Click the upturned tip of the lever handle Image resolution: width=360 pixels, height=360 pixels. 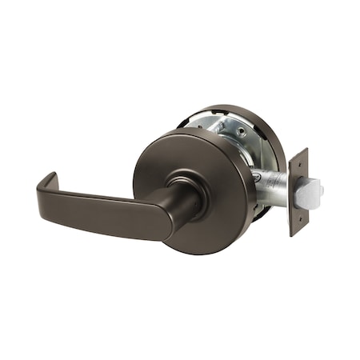tap(46, 177)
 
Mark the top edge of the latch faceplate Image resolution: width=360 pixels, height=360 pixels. tap(299, 150)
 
